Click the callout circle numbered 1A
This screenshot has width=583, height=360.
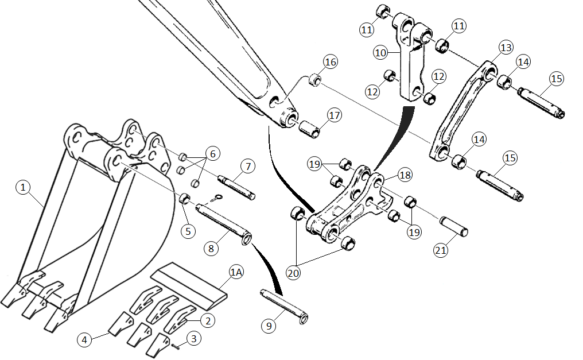[236, 272]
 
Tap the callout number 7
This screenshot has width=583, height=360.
[248, 167]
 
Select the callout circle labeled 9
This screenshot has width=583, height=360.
[269, 326]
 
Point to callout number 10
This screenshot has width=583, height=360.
[380, 52]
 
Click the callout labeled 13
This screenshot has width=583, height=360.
[506, 47]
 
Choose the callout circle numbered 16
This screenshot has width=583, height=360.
[331, 62]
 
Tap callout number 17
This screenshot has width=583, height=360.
[335, 115]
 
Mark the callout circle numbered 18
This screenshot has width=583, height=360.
[405, 175]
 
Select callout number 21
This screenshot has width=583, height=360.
[441, 250]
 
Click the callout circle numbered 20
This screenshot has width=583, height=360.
[293, 273]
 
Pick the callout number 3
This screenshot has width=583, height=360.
[194, 338]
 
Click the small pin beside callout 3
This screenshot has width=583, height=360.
[176, 347]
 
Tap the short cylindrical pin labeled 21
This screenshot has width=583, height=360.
[454, 226]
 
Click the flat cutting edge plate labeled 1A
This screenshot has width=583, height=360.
[189, 285]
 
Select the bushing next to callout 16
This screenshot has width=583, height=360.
[315, 80]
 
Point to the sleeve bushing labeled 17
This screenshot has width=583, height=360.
[309, 129]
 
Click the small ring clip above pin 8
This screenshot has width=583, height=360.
[217, 198]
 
